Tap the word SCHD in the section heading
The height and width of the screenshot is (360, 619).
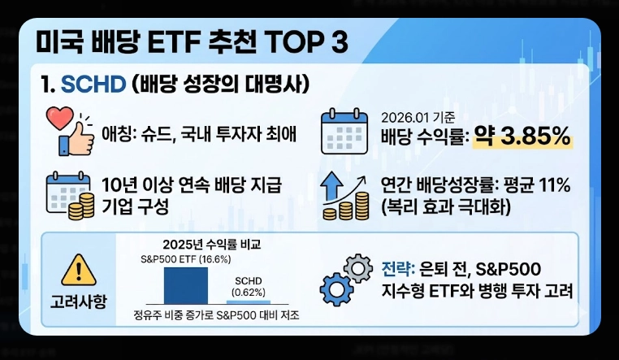(x=98, y=85)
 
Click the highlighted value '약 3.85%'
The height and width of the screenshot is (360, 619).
(x=523, y=137)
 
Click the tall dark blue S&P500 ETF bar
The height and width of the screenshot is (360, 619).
(x=186, y=285)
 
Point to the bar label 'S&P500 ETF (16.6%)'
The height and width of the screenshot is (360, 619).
(x=185, y=260)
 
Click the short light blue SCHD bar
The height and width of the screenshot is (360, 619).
(x=247, y=301)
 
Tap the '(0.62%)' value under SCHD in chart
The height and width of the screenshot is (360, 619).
(x=247, y=291)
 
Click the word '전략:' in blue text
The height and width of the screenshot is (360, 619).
(x=398, y=269)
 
